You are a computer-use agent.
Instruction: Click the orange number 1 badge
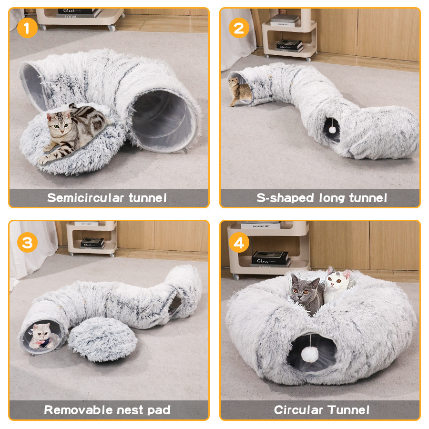pyautogui.click(x=27, y=29)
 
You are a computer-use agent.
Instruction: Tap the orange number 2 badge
pyautogui.click(x=239, y=29)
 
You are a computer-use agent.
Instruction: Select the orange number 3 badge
pyautogui.click(x=27, y=243)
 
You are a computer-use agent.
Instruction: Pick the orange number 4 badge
pyautogui.click(x=239, y=243)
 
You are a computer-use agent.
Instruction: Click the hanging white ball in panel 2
pyautogui.click(x=332, y=130)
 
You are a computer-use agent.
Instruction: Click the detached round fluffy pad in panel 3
pyautogui.click(x=102, y=339)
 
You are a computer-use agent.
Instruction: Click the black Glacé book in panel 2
pyautogui.click(x=289, y=45)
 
